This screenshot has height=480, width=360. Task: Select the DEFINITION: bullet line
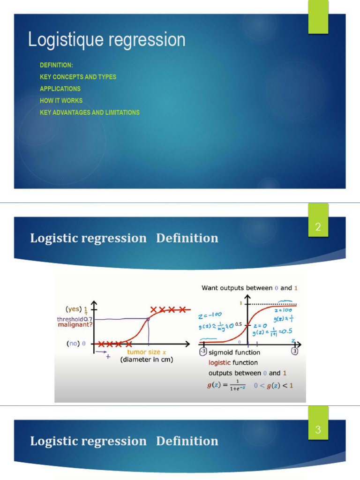[56, 65]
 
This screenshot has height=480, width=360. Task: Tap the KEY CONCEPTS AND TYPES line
[78, 77]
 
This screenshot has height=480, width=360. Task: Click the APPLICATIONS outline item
[60, 89]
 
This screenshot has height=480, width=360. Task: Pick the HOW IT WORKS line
[61, 100]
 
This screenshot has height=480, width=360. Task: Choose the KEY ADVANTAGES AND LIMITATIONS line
[90, 112]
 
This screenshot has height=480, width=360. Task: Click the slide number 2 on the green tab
[318, 228]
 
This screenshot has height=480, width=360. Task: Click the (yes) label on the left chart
[73, 309]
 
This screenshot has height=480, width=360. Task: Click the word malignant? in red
[75, 325]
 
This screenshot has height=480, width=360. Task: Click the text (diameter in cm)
[146, 360]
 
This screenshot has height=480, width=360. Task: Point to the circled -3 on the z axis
[202, 352]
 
